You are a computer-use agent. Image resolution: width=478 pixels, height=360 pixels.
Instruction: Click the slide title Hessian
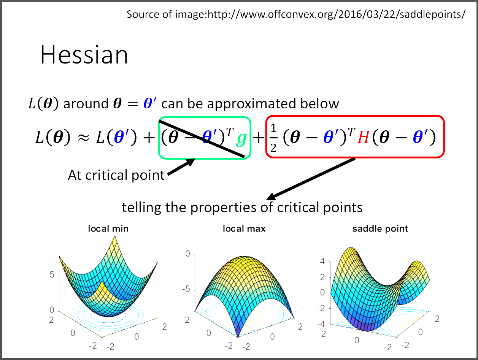[x=84, y=55]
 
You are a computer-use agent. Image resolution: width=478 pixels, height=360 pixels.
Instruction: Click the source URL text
[x=296, y=14]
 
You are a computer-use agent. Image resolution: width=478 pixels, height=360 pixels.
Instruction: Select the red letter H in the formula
[x=363, y=138]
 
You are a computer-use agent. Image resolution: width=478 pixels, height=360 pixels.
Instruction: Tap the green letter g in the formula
[x=241, y=139]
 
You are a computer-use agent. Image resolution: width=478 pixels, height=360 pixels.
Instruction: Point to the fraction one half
[x=273, y=138]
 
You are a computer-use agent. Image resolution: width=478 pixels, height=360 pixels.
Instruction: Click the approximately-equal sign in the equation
[x=84, y=138]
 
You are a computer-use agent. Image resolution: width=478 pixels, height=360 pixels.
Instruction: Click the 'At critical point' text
[x=116, y=175]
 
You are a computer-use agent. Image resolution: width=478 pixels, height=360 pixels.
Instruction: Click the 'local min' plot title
[x=108, y=229]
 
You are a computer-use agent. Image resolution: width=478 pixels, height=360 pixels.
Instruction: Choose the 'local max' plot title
[x=244, y=229]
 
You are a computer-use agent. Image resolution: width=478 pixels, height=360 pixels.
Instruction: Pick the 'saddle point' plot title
[x=380, y=229]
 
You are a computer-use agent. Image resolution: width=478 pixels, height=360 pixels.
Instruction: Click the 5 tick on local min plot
[x=52, y=275]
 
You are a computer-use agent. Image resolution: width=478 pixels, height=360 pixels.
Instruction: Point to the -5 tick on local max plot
[x=186, y=289]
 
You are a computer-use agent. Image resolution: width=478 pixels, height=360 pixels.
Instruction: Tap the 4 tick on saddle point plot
[x=322, y=262]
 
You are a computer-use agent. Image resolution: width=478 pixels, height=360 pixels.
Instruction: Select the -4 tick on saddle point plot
[x=321, y=324]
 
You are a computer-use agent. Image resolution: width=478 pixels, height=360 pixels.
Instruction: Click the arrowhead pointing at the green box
[x=190, y=162]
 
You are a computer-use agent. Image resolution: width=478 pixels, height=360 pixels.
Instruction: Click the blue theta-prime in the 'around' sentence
[x=150, y=103]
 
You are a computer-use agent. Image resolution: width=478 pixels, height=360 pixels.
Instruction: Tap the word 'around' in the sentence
[x=86, y=104]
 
